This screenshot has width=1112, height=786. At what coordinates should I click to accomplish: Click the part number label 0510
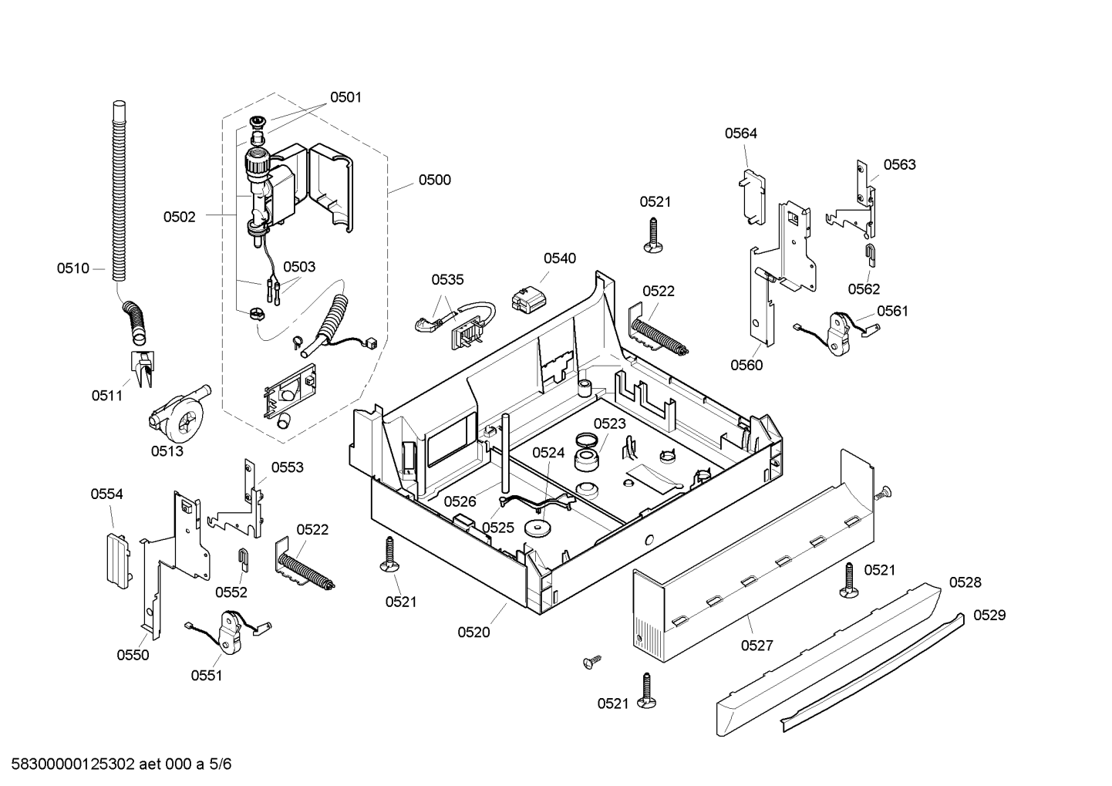click(x=73, y=268)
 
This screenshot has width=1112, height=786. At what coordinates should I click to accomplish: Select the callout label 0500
click(x=434, y=180)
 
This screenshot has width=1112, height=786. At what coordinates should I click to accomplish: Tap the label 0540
click(x=560, y=258)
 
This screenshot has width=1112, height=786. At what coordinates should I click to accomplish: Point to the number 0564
click(x=740, y=133)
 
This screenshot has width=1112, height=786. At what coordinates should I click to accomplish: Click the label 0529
click(x=989, y=616)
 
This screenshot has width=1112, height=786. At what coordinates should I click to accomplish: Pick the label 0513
click(x=167, y=450)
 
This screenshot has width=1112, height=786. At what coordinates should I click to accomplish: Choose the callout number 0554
click(x=106, y=494)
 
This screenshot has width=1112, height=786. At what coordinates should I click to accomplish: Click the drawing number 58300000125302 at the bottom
click(x=73, y=764)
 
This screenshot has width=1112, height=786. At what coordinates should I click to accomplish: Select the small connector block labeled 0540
click(x=528, y=299)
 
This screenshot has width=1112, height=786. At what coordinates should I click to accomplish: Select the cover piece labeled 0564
click(x=753, y=197)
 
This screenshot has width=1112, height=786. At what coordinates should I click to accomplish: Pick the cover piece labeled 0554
click(x=119, y=561)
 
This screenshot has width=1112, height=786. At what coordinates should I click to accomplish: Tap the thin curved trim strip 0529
click(x=872, y=673)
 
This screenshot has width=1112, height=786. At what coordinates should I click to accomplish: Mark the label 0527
click(x=757, y=646)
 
